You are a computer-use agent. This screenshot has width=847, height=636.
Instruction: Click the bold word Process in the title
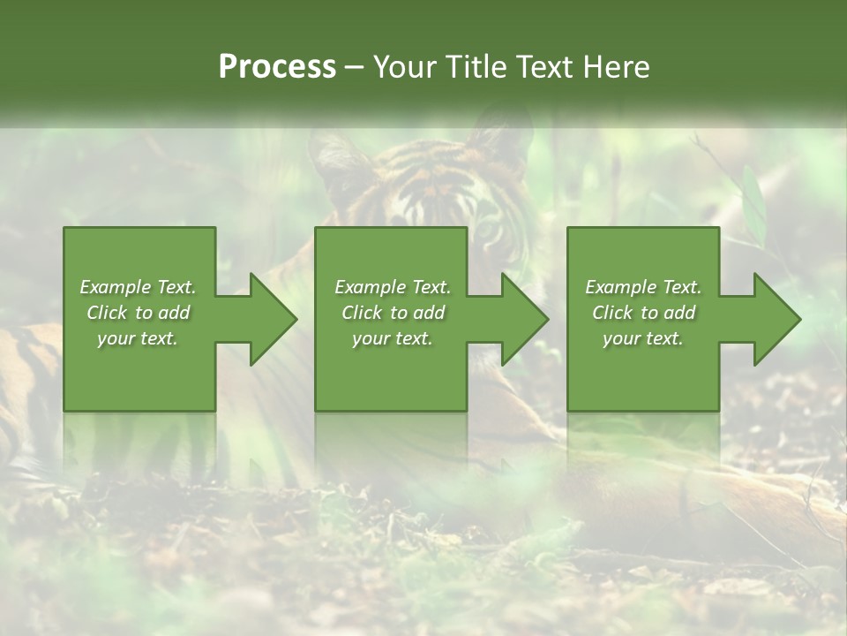click(277, 67)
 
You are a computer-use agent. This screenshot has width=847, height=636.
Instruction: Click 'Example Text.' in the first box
click(138, 287)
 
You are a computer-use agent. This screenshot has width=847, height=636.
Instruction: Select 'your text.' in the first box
click(138, 338)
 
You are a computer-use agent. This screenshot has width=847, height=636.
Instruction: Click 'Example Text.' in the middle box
click(393, 287)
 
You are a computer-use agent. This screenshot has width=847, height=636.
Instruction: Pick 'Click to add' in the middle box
click(393, 313)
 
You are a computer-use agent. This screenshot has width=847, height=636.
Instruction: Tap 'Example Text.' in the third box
click(643, 287)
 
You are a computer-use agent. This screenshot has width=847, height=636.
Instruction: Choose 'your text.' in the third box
click(643, 338)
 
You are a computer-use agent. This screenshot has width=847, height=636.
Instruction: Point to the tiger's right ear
click(494, 141)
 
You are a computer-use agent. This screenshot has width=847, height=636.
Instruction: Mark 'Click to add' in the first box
click(138, 313)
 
